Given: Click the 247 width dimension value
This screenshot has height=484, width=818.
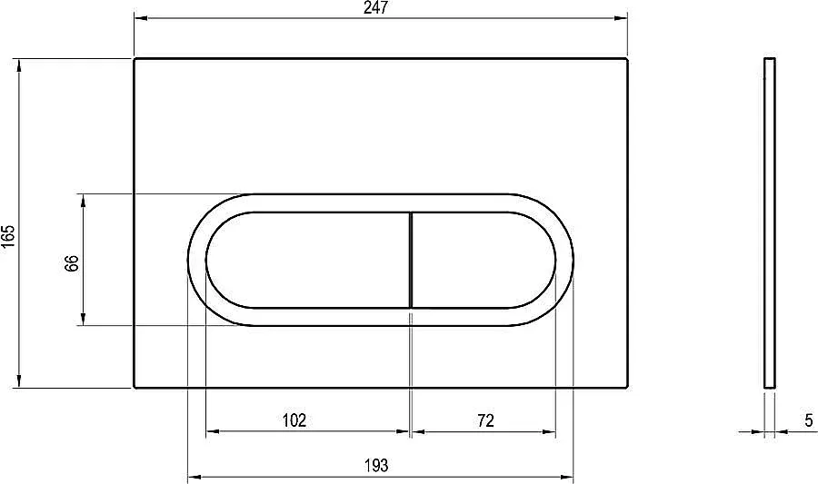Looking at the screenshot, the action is (375, 8).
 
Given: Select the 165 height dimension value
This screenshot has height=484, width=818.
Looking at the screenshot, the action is (8, 237).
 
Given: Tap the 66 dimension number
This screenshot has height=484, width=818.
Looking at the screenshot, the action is (72, 263).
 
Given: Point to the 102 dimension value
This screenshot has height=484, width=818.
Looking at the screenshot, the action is (294, 420).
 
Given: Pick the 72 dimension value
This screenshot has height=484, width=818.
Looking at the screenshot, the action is (485, 420).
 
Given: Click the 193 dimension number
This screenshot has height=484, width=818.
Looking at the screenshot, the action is (376, 465).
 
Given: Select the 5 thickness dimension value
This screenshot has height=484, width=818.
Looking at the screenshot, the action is (809, 420).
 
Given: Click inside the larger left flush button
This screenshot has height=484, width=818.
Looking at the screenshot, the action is (308, 260).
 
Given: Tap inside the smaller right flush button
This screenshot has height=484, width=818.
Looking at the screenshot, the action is (483, 260).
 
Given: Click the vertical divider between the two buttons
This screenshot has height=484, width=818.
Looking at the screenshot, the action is (411, 260).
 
